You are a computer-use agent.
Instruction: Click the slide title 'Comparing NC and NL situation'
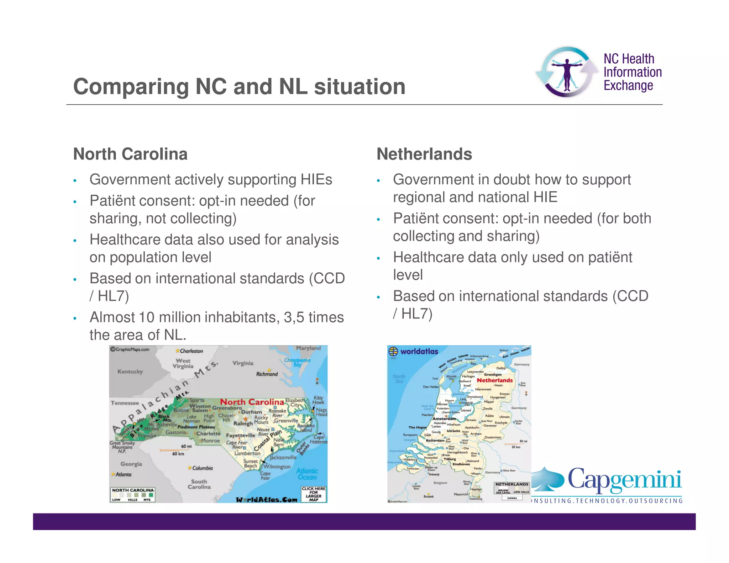pyautogui.click(x=239, y=86)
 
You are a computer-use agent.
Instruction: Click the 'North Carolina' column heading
pyautogui.click(x=130, y=154)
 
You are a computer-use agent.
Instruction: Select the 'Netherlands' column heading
pyautogui.click(x=424, y=154)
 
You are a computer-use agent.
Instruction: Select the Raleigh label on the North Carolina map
pyautogui.click(x=243, y=423)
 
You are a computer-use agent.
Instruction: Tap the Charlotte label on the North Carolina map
pyautogui.click(x=209, y=433)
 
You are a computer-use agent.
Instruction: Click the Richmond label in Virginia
pyautogui.click(x=267, y=374)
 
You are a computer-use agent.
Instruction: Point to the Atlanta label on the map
pyautogui.click(x=123, y=474)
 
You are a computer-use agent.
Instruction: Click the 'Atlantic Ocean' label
pyautogui.click(x=307, y=474)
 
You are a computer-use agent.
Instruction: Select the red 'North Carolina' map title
pyautogui.click(x=252, y=402)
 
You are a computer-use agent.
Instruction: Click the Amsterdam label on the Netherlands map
pyautogui.click(x=444, y=419)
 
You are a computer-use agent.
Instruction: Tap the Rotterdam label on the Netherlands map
pyautogui.click(x=435, y=441)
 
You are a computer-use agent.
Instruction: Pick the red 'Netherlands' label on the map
pyautogui.click(x=495, y=380)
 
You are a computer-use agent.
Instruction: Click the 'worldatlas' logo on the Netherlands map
pyautogui.click(x=413, y=352)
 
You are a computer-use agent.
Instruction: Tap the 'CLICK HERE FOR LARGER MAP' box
pyautogui.click(x=313, y=494)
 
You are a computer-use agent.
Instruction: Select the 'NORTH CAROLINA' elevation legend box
pyautogui.click(x=133, y=494)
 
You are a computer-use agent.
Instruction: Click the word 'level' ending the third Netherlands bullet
pyautogui.click(x=408, y=275)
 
